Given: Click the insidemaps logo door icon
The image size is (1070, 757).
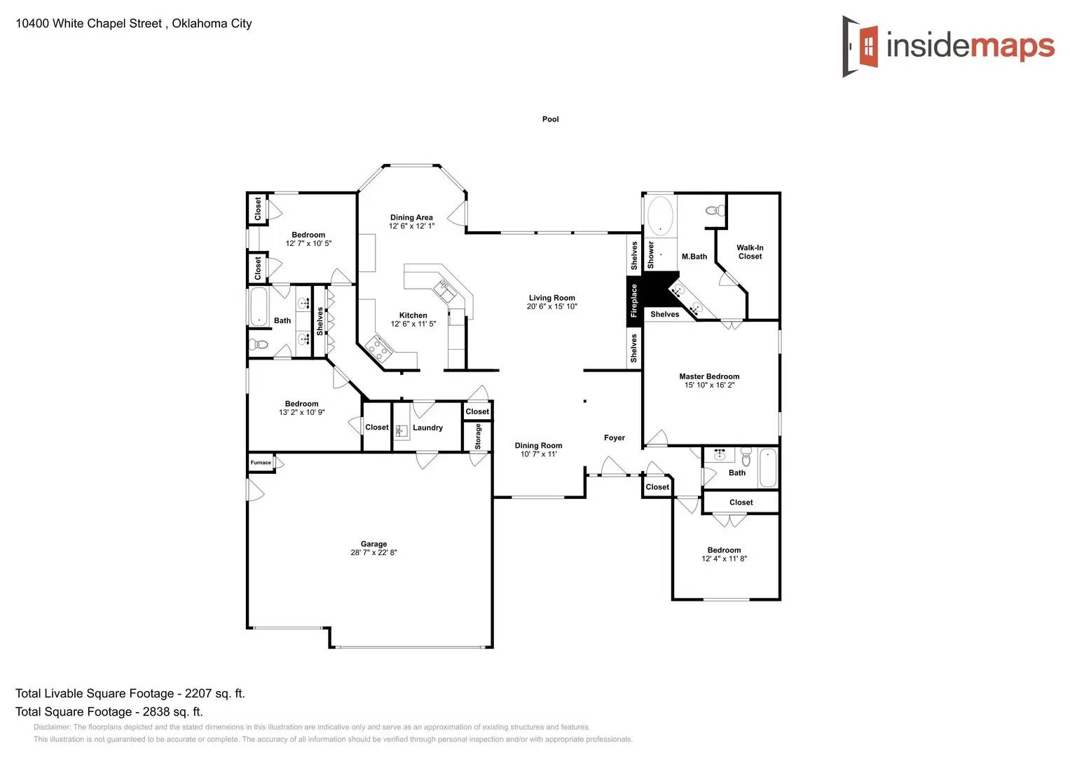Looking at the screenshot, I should (x=861, y=46).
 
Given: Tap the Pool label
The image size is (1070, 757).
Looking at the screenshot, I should (x=550, y=119).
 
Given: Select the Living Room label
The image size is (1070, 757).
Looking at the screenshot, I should (x=551, y=298).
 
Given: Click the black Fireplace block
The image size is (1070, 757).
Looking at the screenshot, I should (x=634, y=301).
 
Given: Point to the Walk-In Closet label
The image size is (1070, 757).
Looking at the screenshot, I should (x=750, y=252).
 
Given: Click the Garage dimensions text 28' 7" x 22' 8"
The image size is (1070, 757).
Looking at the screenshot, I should (x=373, y=552).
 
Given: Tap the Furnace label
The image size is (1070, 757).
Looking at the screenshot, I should (x=261, y=463).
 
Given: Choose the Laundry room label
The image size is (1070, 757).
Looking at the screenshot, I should (x=427, y=428).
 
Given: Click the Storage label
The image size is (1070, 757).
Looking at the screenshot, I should (x=478, y=436).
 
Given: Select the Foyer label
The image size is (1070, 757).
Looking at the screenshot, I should (x=614, y=438).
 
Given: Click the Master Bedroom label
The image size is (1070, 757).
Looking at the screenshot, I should (x=709, y=376).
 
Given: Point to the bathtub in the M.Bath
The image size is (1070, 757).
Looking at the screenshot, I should (x=660, y=215).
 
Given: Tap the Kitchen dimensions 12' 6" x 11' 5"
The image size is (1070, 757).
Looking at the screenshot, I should (x=413, y=324).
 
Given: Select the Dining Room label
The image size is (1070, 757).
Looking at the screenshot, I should (x=538, y=446).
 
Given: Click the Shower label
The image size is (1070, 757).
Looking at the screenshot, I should (x=651, y=255).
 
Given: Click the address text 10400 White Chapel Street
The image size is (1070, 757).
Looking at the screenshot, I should (x=88, y=23).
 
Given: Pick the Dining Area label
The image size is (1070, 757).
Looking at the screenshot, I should (x=411, y=217).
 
